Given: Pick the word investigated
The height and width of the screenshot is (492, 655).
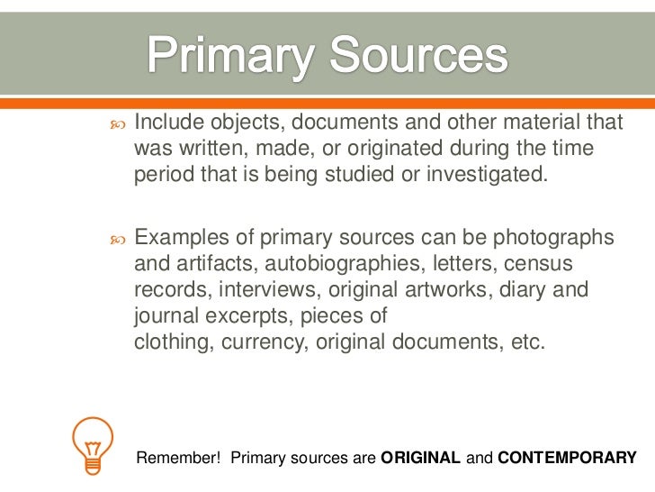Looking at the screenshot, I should click(486, 173).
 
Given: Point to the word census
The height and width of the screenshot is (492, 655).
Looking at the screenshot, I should click(538, 265).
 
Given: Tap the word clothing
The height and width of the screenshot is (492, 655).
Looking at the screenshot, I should click(169, 342).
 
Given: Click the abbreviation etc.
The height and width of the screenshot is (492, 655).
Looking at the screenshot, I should click(527, 342).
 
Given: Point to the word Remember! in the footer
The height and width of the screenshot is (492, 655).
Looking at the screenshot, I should click(178, 458).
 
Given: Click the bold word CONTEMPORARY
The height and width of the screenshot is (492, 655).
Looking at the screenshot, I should click(567, 458).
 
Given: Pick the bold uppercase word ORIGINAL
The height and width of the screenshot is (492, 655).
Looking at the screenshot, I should click(421, 458).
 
